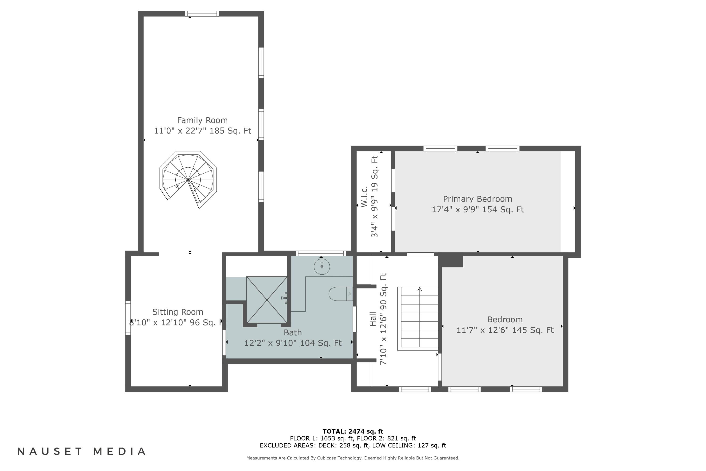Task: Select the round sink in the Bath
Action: (x=322, y=266)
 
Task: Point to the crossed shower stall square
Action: (x=267, y=300)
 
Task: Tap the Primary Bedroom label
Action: (x=477, y=199)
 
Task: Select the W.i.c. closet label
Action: (x=364, y=196)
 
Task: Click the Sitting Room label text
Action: (x=178, y=312)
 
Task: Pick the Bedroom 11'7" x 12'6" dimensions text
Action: (x=505, y=330)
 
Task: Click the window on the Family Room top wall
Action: (x=202, y=13)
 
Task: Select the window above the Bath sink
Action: (x=321, y=253)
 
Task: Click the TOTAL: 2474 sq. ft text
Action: (x=353, y=432)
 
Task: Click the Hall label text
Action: (x=373, y=319)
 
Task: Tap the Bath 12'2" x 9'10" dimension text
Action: (x=293, y=343)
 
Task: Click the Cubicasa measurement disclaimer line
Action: (x=353, y=458)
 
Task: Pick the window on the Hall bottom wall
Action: (x=415, y=389)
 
